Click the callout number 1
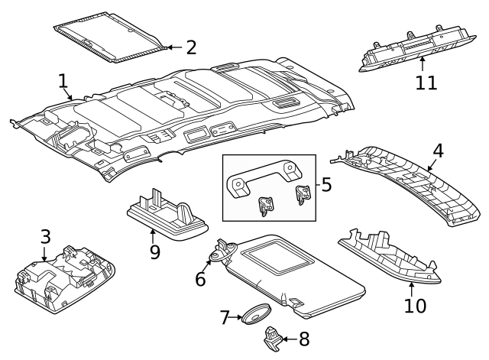tap(63, 82)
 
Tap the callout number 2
tap(190, 47)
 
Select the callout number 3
tap(45, 237)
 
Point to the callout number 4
tap(437, 151)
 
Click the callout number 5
tap(325, 186)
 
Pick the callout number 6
tap(200, 280)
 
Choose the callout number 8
tap(303, 337)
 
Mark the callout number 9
tap(154, 251)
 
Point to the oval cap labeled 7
tap(254, 314)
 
